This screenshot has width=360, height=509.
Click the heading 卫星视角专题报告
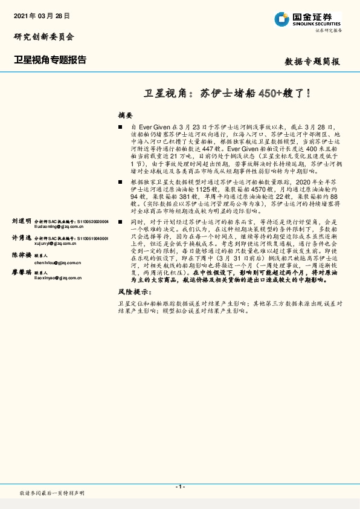click(x=50, y=60)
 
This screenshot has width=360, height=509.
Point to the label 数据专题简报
click(x=312, y=62)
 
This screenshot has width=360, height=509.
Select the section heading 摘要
click(x=125, y=115)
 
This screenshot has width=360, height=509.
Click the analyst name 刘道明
click(x=21, y=222)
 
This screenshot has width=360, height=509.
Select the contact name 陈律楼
click(x=21, y=256)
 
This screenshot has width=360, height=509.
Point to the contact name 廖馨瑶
click(x=21, y=273)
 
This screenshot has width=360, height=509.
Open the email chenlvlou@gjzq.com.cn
click(x=57, y=262)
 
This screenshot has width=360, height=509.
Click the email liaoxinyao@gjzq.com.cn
click(x=58, y=279)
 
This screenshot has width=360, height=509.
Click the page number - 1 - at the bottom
click(x=179, y=487)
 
